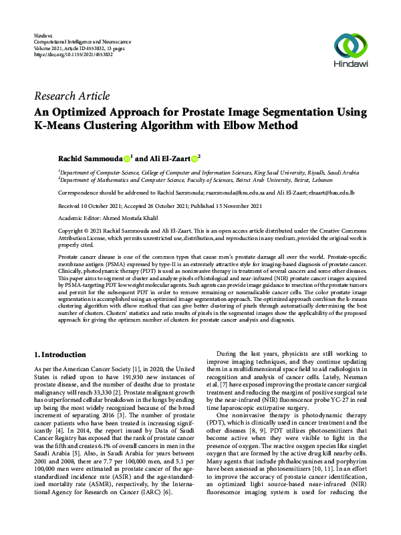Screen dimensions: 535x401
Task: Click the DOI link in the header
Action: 73,55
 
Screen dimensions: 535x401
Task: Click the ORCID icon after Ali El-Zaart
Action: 194,159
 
